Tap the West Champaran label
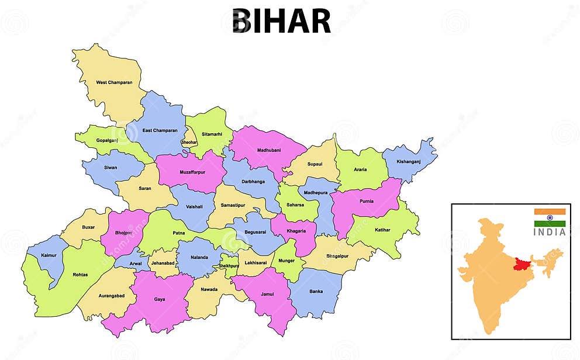114,82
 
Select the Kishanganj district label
409,161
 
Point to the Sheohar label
189,143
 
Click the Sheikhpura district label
229,266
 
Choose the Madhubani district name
269,150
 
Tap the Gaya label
160,299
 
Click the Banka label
316,291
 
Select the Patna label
179,233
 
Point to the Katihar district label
383,230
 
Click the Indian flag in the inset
550,217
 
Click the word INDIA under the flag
550,232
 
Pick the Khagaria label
296,231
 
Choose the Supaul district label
315,164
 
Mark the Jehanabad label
163,263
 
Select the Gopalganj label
107,141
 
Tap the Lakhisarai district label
255,264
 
